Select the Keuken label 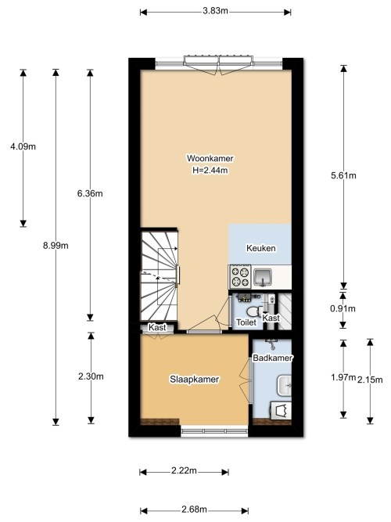[260, 248]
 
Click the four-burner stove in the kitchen [239, 276]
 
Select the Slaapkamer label [194, 379]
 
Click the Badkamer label [271, 358]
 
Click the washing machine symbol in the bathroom [281, 411]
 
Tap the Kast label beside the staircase [158, 328]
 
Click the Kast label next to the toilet [271, 319]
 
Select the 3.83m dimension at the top [215, 11]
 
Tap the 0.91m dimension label [343, 308]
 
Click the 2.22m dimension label [183, 471]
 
